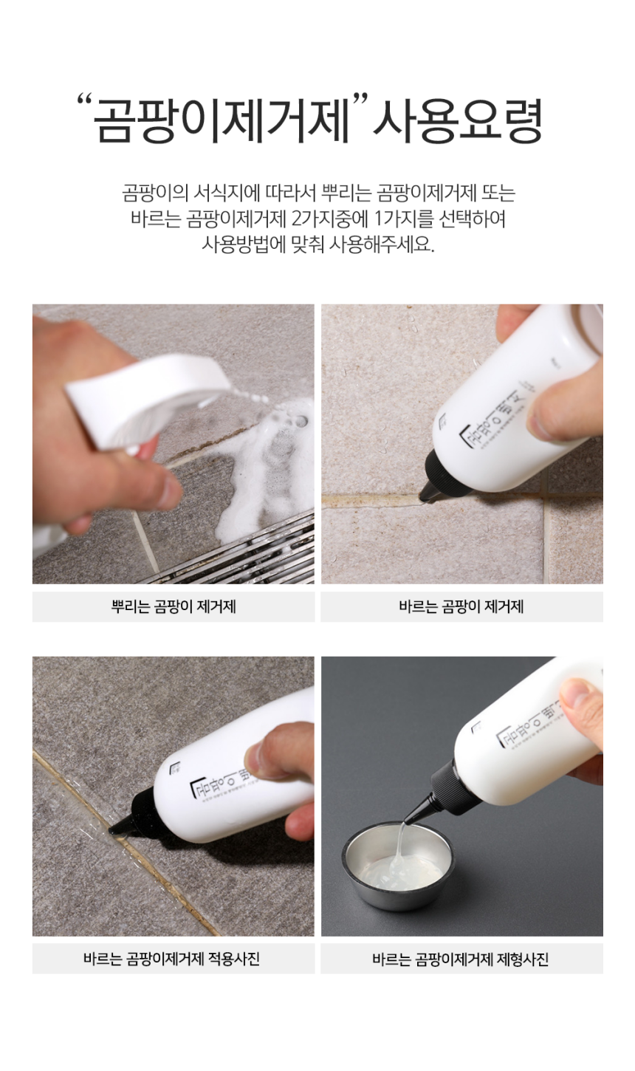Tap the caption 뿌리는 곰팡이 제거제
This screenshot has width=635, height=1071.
[174, 607]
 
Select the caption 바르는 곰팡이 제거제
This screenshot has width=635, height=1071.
[461, 607]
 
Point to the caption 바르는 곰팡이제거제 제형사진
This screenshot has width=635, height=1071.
[461, 959]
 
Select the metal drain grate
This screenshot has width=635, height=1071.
[244, 554]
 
